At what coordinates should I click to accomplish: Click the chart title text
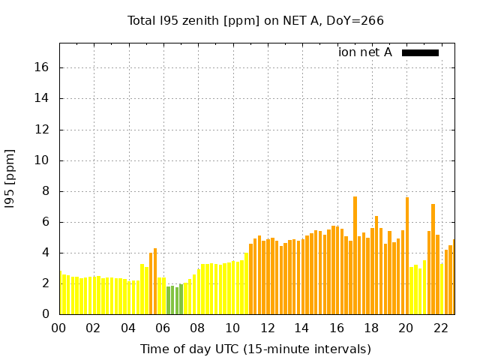click(256, 20)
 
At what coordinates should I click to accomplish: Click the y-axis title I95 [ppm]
click(10, 178)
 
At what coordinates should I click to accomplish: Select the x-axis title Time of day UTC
click(256, 349)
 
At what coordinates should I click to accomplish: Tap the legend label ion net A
click(365, 52)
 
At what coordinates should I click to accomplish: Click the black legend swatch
click(420, 52)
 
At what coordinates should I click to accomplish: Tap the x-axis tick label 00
click(59, 328)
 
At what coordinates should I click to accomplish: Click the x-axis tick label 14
click(301, 328)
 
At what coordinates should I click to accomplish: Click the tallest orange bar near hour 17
click(355, 255)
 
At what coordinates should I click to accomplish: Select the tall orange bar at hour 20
click(407, 255)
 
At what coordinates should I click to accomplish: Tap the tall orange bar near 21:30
click(433, 259)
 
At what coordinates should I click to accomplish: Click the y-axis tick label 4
click(46, 253)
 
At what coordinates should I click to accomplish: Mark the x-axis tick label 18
click(371, 328)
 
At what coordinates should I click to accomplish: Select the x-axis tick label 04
click(128, 328)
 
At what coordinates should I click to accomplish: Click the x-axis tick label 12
click(267, 328)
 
